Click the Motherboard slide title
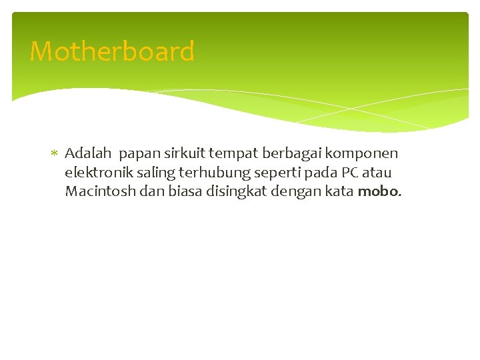tap(112, 51)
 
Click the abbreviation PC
tap(351, 173)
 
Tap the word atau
tap(378, 173)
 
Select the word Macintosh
tap(98, 192)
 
